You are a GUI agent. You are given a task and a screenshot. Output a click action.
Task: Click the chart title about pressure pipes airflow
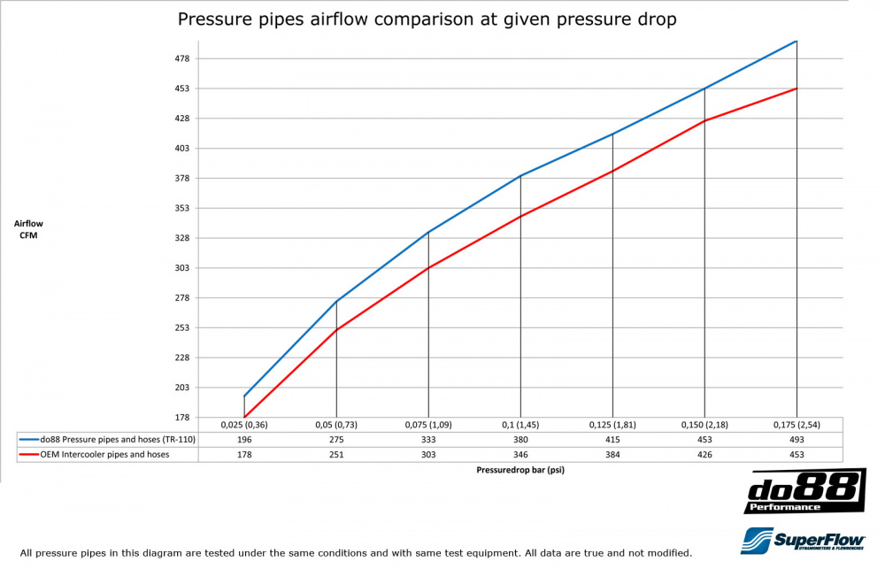[x=427, y=19]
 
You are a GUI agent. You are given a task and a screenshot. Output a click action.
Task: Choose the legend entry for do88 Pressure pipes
[x=106, y=440]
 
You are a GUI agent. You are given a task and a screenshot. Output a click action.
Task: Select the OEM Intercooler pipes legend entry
[x=94, y=455]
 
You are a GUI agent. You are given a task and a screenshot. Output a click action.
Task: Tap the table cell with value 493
[x=796, y=440]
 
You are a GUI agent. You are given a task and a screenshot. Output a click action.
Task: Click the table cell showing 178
[x=244, y=455]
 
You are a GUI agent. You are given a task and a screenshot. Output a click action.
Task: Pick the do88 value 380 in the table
[x=520, y=440]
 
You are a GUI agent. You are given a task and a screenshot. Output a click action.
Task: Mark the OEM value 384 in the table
[x=612, y=455]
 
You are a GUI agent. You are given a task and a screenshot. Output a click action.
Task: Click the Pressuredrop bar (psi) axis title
[x=520, y=471]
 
